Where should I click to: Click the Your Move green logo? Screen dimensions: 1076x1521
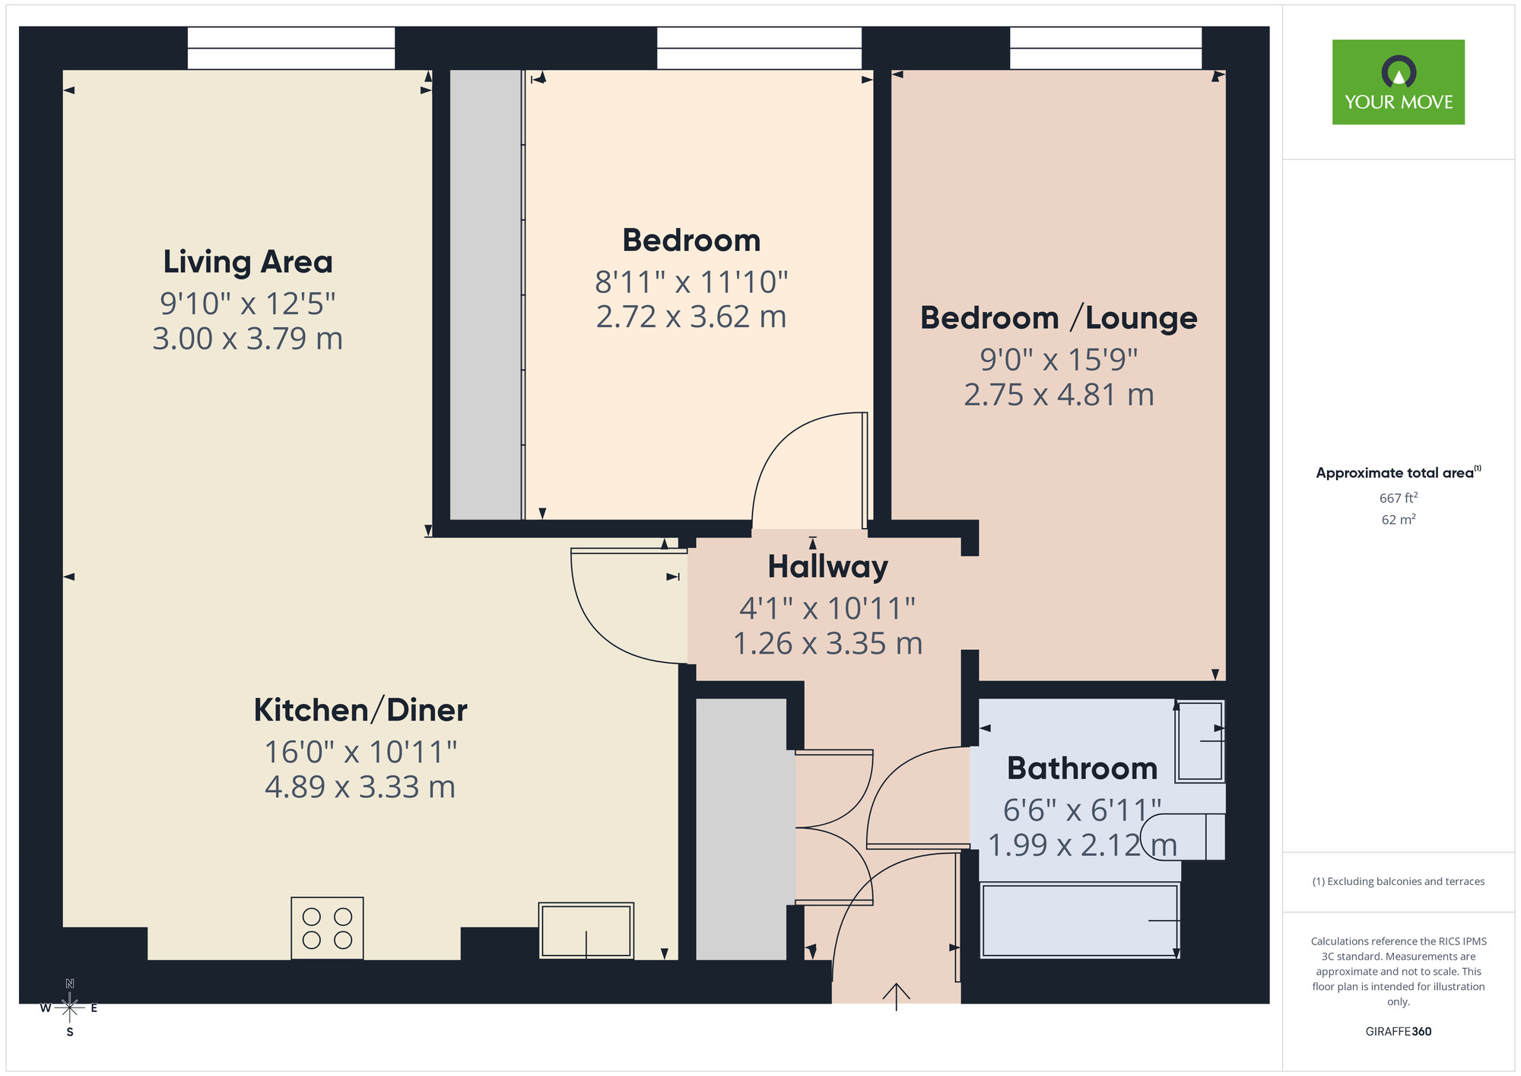coord(1398,82)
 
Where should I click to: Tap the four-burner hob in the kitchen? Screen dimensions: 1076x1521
coord(327,928)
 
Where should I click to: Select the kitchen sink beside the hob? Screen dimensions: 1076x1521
coord(586,930)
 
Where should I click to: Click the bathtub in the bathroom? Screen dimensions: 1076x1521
coord(1080,920)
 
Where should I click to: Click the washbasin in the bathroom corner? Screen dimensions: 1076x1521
coord(1200,742)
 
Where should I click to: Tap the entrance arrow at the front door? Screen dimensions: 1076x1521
coord(897,995)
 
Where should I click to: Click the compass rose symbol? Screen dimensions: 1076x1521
coord(69,1008)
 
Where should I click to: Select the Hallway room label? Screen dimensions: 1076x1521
coord(827,567)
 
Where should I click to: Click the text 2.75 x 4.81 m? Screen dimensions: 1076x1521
coord(1059,395)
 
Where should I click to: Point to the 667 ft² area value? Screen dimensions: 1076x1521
coord(1398,498)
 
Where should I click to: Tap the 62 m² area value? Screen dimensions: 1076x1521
coord(1398,520)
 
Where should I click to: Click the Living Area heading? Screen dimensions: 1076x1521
coord(248,262)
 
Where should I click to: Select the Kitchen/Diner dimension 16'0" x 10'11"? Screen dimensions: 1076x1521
coord(360,752)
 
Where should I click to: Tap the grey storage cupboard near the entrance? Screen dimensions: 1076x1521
coord(741,829)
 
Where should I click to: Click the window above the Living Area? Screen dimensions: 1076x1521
coord(291,48)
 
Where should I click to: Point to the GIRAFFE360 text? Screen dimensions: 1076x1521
coord(1398,1031)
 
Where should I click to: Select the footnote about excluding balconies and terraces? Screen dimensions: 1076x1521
coord(1398,881)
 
